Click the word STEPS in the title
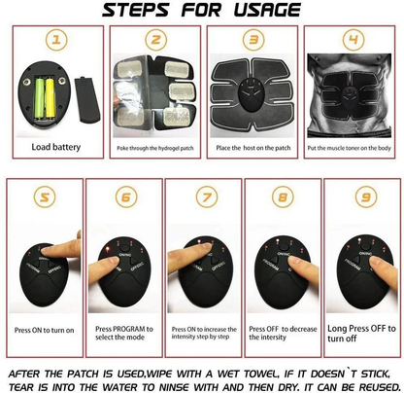(114, 12)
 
